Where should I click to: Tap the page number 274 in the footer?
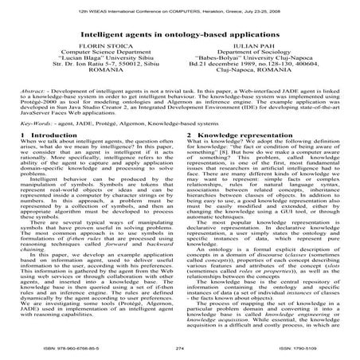181,348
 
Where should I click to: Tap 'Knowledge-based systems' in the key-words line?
182,124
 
